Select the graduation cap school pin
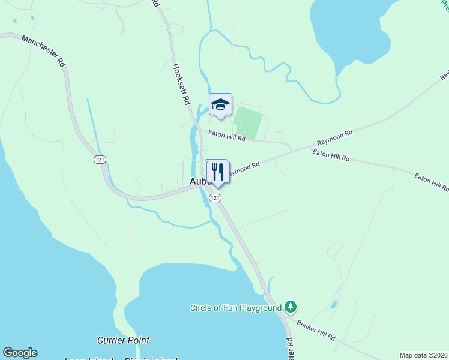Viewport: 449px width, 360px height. [220, 105]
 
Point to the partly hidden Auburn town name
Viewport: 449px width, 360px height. [197, 181]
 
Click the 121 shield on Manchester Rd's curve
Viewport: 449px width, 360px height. [100, 160]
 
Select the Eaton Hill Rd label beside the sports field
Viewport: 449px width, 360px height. [227, 136]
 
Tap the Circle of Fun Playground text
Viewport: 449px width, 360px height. [235, 308]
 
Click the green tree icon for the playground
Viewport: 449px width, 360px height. [291, 307]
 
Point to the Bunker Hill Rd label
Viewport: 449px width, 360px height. [316, 330]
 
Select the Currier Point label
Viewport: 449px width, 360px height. [123, 340]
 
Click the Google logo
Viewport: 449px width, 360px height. [20, 353]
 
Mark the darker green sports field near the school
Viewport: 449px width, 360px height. [248, 122]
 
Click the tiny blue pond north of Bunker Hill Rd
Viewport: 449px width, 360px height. [333, 304]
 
